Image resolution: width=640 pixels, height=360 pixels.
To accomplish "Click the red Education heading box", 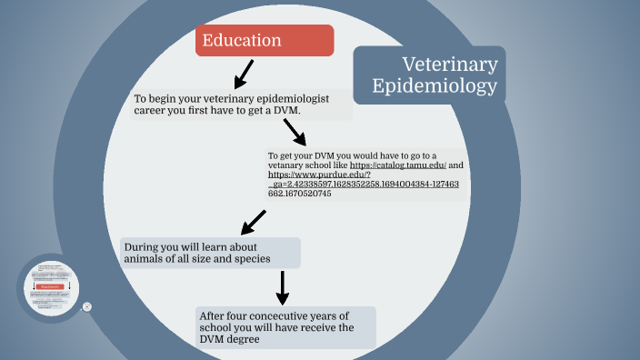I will pyautogui.click(x=265, y=41).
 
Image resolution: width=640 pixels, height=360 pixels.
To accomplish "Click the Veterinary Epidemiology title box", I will pyautogui.click(x=429, y=75).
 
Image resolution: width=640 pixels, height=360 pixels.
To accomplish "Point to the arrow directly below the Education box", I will pyautogui.click(x=243, y=73).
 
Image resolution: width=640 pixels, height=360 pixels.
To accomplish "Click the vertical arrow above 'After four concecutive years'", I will pyautogui.click(x=283, y=287).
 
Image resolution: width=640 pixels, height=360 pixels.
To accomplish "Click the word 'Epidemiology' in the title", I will pyautogui.click(x=435, y=86).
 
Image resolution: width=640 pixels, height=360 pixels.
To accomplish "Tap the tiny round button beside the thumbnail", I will pyautogui.click(x=87, y=307).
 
